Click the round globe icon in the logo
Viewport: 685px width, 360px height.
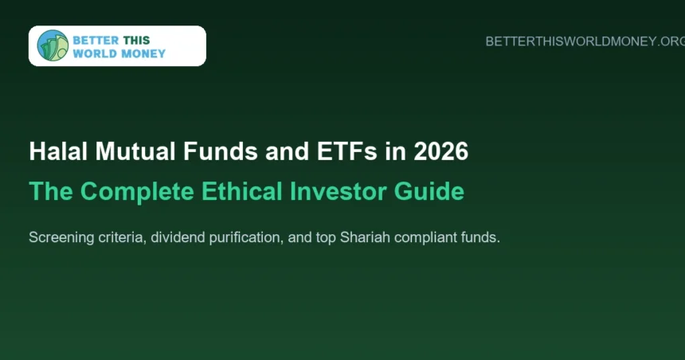[53, 45]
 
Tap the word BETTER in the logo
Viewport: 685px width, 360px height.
[96, 40]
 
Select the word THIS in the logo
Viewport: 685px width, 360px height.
[136, 40]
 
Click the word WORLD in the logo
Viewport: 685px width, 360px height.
[94, 53]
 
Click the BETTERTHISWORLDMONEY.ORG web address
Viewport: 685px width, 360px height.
[585, 41]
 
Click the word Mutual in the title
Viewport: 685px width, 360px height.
[135, 151]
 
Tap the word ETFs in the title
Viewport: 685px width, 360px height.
[346, 151]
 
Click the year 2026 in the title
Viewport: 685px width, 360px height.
[440, 151]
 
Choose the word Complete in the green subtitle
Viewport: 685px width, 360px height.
[137, 191]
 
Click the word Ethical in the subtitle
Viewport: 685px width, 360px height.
[241, 191]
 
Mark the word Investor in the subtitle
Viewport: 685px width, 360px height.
[339, 191]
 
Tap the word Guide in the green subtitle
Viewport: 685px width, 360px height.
[429, 191]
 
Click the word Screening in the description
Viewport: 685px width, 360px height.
[61, 237]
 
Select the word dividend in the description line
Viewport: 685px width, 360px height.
[178, 237]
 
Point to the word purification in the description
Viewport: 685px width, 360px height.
[246, 237]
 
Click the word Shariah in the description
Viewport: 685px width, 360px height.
[365, 237]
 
